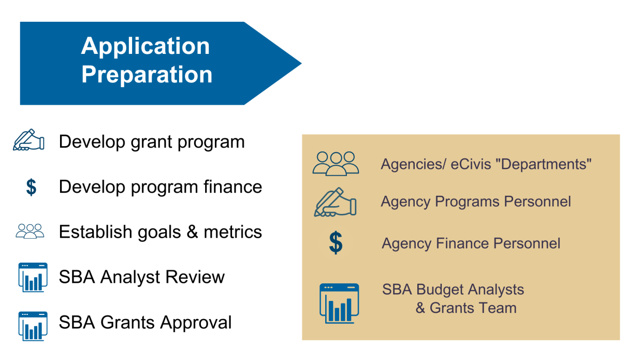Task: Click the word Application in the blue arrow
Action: point(146,47)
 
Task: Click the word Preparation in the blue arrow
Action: point(147,74)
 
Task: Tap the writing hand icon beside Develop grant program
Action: point(28,140)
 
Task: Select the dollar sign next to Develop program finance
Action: point(31,187)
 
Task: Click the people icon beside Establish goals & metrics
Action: point(30,231)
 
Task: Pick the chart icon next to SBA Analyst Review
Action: point(33,277)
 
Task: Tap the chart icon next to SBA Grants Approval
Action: point(33,326)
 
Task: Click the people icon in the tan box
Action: point(336,164)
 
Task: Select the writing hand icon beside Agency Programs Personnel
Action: point(335,203)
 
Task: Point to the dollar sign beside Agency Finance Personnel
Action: point(336,243)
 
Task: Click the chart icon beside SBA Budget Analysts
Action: point(339,304)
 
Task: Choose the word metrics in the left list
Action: point(232,232)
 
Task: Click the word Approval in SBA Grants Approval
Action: point(196,323)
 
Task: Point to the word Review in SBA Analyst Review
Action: point(195,277)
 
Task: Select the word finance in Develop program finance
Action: point(232,186)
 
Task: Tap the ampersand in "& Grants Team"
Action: point(420,308)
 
